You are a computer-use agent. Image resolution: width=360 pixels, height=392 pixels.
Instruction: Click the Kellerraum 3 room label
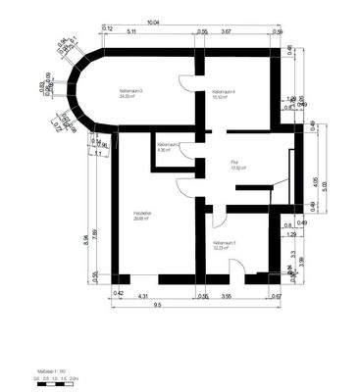pyautogui.click(x=130, y=93)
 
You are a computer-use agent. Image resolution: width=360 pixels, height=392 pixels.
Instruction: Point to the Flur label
pyautogui.click(x=235, y=164)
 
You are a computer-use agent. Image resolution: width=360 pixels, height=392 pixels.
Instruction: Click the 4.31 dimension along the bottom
pyautogui.click(x=142, y=294)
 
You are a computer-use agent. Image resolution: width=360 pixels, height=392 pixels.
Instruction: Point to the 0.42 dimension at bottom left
pyautogui.click(x=118, y=294)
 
